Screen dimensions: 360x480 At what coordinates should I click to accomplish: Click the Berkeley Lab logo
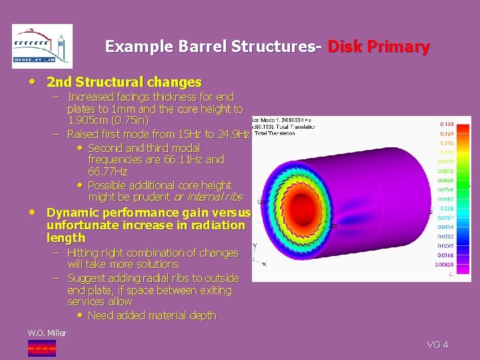[x=42, y=46]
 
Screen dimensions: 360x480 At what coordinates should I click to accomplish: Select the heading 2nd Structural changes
[x=123, y=83]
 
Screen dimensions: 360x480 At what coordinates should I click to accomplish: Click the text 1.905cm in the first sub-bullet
[x=90, y=121]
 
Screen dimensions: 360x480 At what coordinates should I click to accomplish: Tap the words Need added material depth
[x=152, y=315]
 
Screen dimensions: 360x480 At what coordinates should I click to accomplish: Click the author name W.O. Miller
[x=47, y=333]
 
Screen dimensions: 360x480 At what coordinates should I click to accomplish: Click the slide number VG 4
[x=437, y=345]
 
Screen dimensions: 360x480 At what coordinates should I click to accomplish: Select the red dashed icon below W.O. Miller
[x=42, y=347]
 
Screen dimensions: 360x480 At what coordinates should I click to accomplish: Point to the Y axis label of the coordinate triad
[x=255, y=246]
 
